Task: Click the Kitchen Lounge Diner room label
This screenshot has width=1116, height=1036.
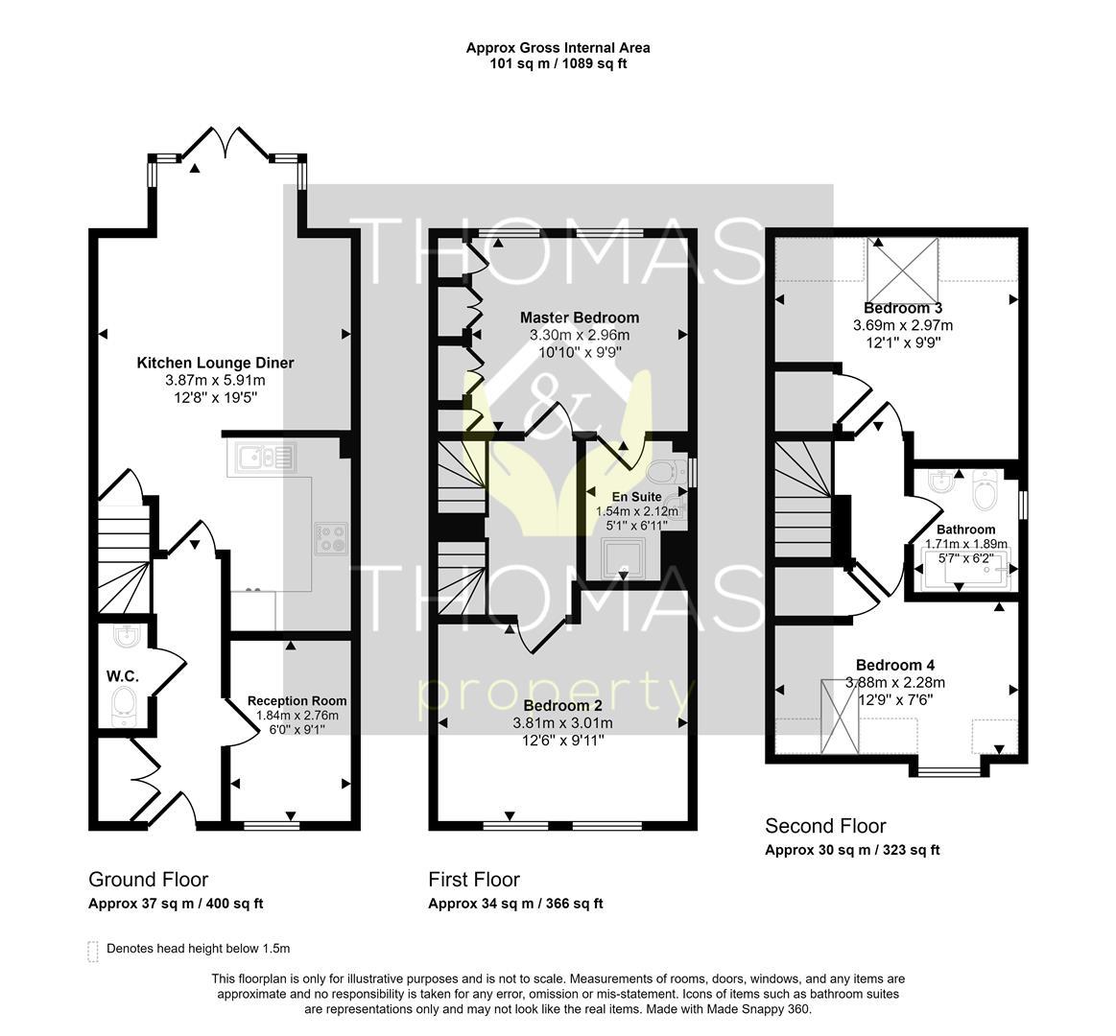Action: (x=215, y=363)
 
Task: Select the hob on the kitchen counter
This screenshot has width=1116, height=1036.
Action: (x=331, y=539)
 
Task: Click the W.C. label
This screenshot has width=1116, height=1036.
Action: (x=123, y=676)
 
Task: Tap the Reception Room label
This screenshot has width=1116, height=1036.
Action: (x=297, y=701)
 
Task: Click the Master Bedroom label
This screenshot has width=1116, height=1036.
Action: (x=580, y=318)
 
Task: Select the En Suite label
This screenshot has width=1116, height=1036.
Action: (x=636, y=497)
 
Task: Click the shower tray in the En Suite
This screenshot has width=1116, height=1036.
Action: (x=624, y=558)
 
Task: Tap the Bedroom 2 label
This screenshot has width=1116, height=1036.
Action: (x=562, y=706)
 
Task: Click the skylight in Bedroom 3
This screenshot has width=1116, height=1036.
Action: (x=902, y=271)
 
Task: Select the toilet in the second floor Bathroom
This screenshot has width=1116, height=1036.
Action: (x=986, y=489)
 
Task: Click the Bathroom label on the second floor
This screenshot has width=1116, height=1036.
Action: (x=965, y=530)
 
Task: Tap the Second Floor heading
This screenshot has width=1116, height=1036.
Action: (x=825, y=826)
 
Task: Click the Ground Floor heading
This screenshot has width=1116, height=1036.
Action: (x=148, y=880)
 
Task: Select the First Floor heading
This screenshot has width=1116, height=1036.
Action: (x=474, y=880)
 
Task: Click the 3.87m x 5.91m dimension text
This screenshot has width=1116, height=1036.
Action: (x=215, y=381)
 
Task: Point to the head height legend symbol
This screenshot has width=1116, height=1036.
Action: (x=92, y=952)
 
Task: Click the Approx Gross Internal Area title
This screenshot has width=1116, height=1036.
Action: (x=558, y=48)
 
